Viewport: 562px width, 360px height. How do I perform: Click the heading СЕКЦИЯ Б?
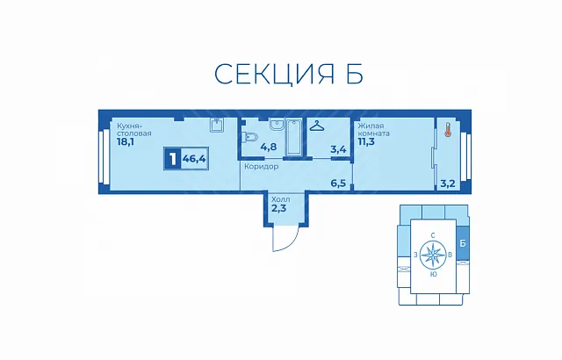point(289,74)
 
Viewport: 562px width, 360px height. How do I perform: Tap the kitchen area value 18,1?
point(125,142)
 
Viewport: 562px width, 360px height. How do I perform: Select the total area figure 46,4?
point(194,158)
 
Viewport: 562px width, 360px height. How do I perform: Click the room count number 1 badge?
point(173,158)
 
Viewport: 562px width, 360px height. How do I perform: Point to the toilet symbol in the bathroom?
point(249,137)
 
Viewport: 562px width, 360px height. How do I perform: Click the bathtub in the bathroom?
point(295,138)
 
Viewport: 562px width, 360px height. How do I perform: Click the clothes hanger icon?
point(317,126)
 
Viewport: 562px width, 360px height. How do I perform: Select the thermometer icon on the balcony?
point(447,129)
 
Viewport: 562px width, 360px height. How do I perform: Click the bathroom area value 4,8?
point(269,147)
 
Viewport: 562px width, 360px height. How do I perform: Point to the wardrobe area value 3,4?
point(338,149)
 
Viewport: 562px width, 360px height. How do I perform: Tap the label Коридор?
point(262,167)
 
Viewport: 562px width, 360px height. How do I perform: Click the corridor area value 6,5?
point(338,184)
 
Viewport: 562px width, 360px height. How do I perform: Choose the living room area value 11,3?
point(366,141)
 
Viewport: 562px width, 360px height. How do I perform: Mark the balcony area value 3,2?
point(447,184)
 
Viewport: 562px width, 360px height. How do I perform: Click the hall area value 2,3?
point(279,208)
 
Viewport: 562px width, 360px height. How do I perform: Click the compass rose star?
point(433,255)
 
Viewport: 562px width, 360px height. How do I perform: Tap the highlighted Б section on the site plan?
point(463,243)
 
